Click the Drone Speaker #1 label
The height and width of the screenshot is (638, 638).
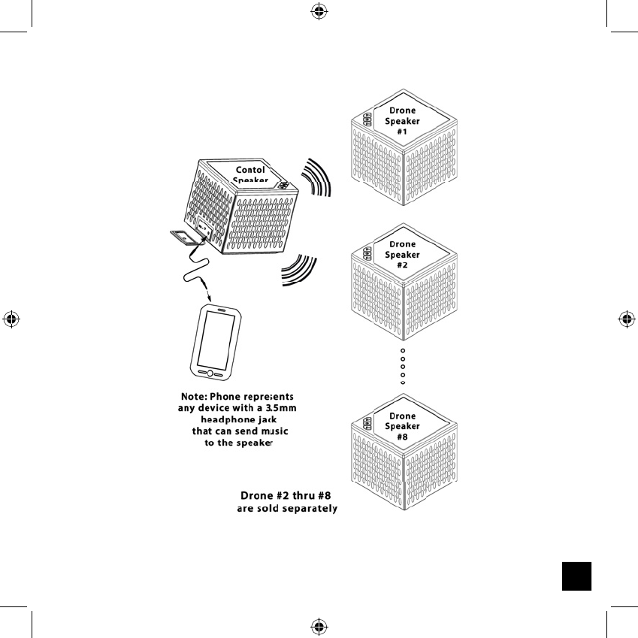(x=403, y=121)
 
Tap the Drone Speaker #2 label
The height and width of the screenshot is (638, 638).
(x=403, y=255)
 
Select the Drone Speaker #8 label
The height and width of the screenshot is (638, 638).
(x=403, y=426)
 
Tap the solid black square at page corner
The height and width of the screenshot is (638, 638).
(x=576, y=575)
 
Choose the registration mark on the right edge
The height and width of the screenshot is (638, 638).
(x=626, y=319)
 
